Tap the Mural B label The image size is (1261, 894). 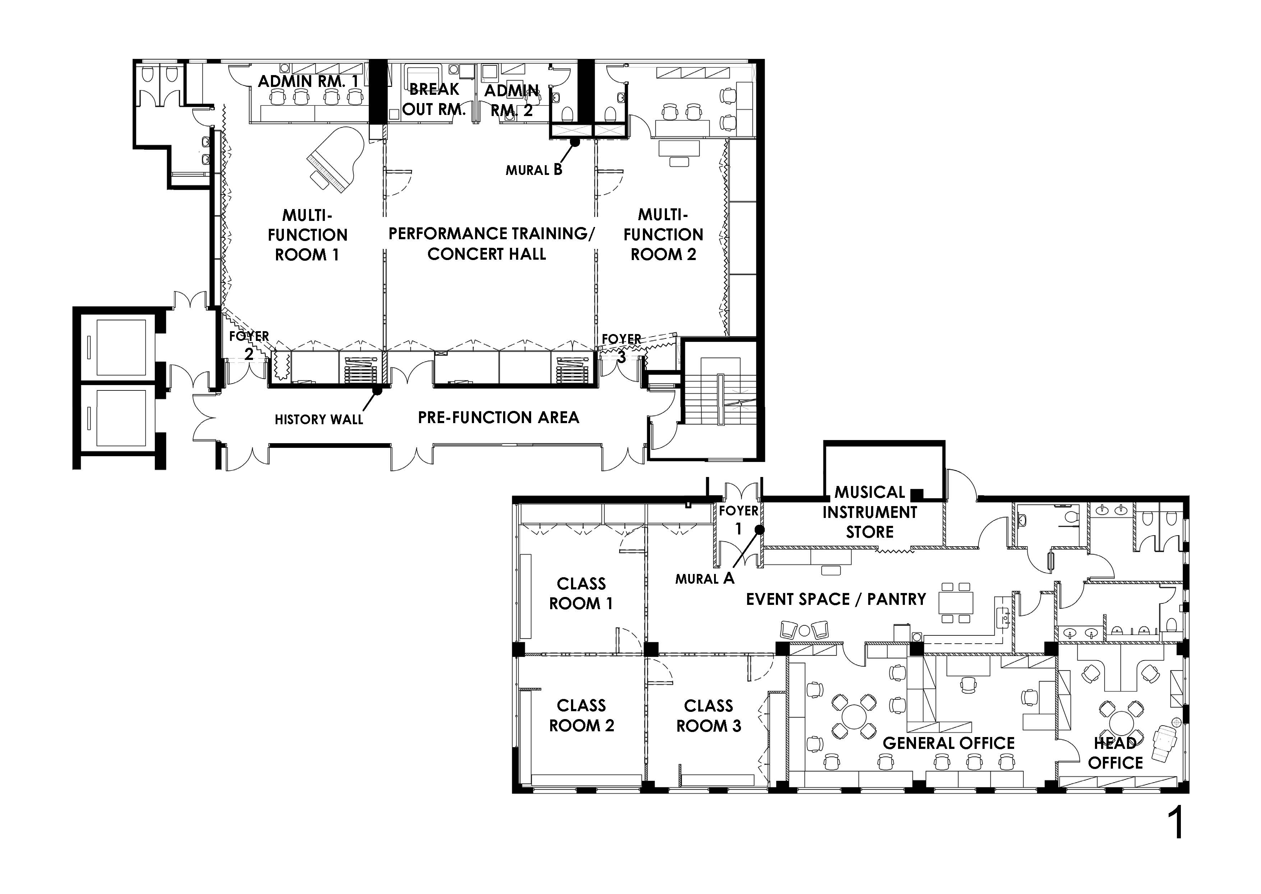pos(534,170)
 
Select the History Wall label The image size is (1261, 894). pos(319,420)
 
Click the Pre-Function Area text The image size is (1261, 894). pos(498,417)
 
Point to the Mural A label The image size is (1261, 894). pos(705,578)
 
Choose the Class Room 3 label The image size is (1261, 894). pos(709,715)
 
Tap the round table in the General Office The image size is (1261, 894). pos(853,715)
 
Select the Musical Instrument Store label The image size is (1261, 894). pos(870,512)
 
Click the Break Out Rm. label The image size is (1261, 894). pos(434,99)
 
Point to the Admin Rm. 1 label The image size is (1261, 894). pos(308,82)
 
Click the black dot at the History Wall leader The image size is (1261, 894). pos(377,391)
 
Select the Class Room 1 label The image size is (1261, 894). pos(581,593)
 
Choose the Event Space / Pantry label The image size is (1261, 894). pos(836,599)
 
